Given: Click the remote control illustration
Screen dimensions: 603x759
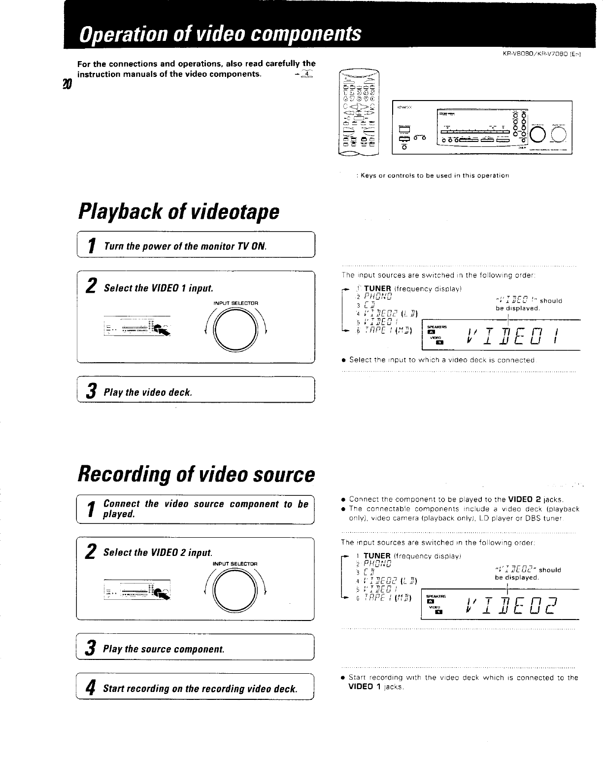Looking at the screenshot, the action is click(358, 113).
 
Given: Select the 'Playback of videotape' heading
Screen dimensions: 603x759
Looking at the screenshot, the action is click(178, 212).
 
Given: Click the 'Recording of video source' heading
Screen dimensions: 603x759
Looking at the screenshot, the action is click(196, 474).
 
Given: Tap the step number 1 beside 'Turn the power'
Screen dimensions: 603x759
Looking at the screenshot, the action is click(91, 245).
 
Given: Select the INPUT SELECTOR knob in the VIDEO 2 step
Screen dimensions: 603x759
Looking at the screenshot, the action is click(234, 590).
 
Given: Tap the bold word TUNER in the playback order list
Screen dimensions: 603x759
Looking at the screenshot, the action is click(377, 288).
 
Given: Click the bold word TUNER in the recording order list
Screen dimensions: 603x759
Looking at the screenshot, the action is click(377, 556).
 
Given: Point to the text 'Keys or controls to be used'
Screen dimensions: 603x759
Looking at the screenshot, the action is click(435, 175).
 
